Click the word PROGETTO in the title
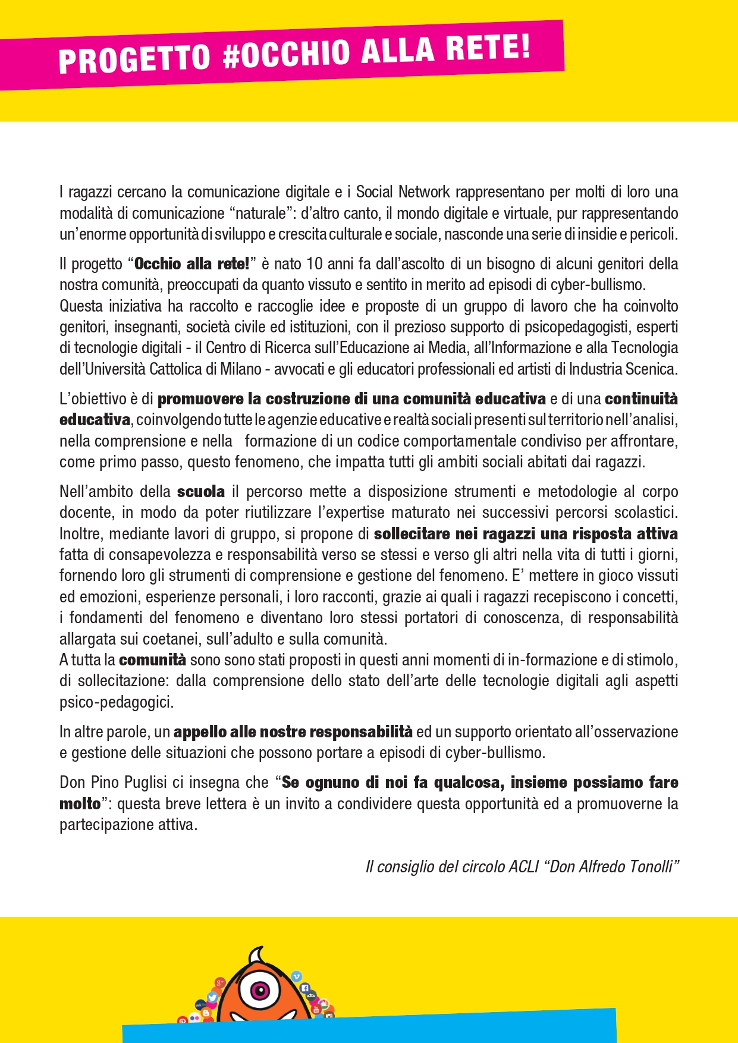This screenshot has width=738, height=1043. tap(134, 59)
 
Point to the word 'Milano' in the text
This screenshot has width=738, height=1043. tap(241, 369)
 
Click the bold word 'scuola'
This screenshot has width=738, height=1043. tap(201, 492)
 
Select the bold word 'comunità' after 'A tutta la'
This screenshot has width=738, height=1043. tap(152, 660)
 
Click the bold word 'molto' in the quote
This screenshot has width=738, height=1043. tap(80, 804)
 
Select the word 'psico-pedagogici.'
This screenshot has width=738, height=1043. tap(117, 702)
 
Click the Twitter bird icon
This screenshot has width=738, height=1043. tap(212, 997)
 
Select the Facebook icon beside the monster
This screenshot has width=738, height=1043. tap(305, 988)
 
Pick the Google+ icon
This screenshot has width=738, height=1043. tap(220, 982)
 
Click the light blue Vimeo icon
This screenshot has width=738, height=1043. tap(297, 976)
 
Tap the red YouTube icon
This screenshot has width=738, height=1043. tap(316, 1009)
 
